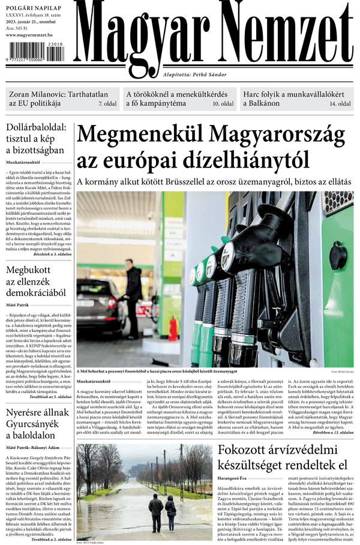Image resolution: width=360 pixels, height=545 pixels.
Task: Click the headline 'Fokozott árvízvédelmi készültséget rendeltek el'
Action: click(282, 457)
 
